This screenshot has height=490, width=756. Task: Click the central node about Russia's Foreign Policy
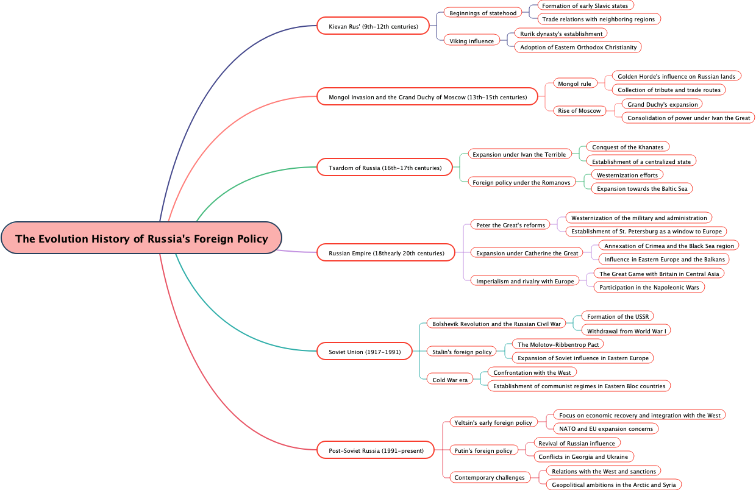(x=141, y=238)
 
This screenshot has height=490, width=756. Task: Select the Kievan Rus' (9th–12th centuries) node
(x=373, y=26)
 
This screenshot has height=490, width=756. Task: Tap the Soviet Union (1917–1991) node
(x=365, y=352)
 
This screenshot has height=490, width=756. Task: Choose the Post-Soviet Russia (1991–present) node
(x=376, y=450)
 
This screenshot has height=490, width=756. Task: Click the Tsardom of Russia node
(x=380, y=168)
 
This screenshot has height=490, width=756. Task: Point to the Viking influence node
(x=472, y=41)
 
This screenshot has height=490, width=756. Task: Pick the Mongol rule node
(x=574, y=83)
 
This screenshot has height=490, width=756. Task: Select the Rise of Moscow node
(x=579, y=110)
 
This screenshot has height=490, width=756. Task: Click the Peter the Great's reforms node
(x=510, y=225)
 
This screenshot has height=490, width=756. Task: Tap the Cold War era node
(x=450, y=380)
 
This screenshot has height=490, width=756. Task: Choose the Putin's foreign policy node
(x=483, y=450)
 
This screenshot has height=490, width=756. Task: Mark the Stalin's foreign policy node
(x=462, y=352)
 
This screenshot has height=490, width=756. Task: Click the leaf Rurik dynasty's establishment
(x=561, y=34)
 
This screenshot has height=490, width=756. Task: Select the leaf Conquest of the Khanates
(x=627, y=147)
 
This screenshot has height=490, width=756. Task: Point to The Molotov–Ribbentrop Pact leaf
(x=558, y=344)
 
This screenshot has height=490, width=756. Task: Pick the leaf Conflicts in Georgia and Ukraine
(x=583, y=456)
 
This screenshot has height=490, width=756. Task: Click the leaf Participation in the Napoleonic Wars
(x=649, y=287)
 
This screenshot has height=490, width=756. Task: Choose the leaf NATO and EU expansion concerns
(x=605, y=428)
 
